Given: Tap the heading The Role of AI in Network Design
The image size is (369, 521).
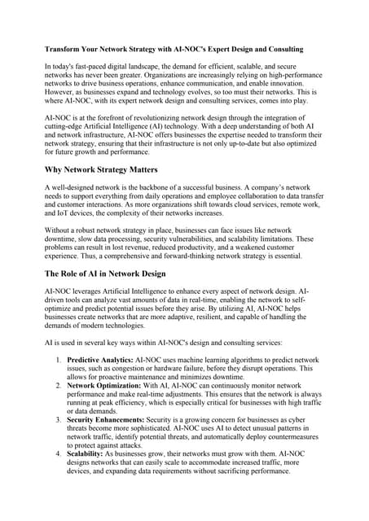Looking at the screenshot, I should tap(105, 274).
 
